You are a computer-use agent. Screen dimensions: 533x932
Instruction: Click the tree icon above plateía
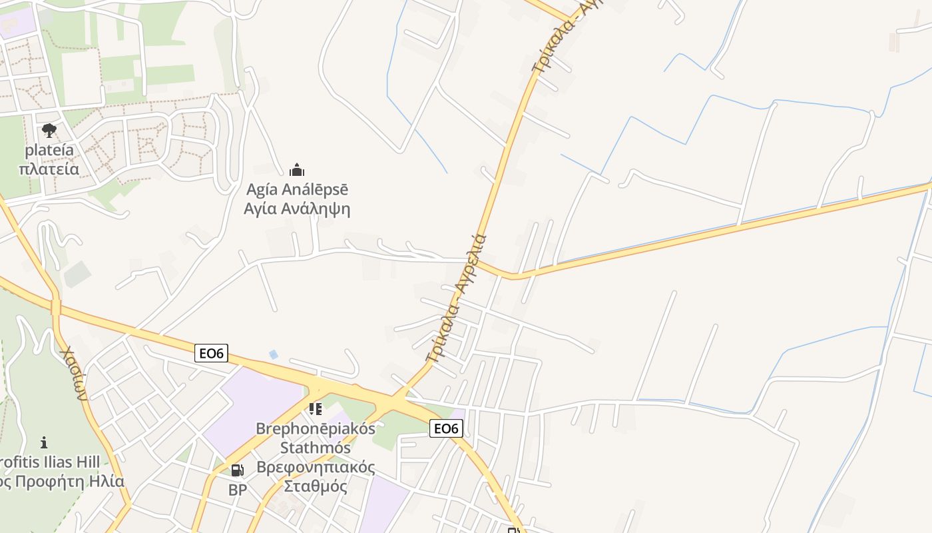click(49, 130)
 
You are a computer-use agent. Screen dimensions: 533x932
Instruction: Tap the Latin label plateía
click(49, 150)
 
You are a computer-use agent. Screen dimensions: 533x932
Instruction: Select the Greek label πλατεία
click(49, 169)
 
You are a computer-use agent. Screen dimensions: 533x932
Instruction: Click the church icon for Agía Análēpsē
click(297, 170)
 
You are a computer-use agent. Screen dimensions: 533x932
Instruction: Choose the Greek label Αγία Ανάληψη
click(297, 209)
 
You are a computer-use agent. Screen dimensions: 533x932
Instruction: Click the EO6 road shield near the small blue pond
click(212, 353)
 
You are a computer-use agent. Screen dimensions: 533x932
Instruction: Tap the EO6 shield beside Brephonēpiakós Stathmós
click(445, 428)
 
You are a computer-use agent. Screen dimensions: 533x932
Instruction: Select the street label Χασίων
click(74, 373)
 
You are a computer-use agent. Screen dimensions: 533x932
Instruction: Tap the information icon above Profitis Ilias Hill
click(44, 442)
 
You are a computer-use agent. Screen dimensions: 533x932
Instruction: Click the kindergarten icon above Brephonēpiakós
click(316, 408)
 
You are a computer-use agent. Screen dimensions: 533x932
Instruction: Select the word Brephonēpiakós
click(316, 428)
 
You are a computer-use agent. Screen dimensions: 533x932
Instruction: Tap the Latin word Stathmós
click(316, 447)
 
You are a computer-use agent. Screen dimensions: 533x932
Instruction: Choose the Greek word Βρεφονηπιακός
click(316, 467)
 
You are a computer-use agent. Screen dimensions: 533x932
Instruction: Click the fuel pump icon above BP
click(237, 470)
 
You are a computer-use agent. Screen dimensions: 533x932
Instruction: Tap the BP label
click(237, 490)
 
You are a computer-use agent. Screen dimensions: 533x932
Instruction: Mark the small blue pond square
click(273, 354)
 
